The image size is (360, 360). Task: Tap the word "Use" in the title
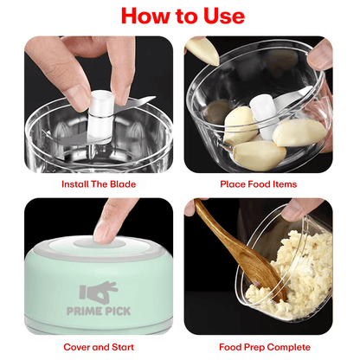(x=220, y=16)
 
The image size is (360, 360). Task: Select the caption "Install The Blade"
(x=98, y=184)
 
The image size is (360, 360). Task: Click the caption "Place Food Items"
(x=259, y=184)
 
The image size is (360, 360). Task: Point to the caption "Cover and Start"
(x=98, y=346)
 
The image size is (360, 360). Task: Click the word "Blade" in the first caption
(x=121, y=184)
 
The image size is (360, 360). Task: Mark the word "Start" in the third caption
(x=122, y=346)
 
